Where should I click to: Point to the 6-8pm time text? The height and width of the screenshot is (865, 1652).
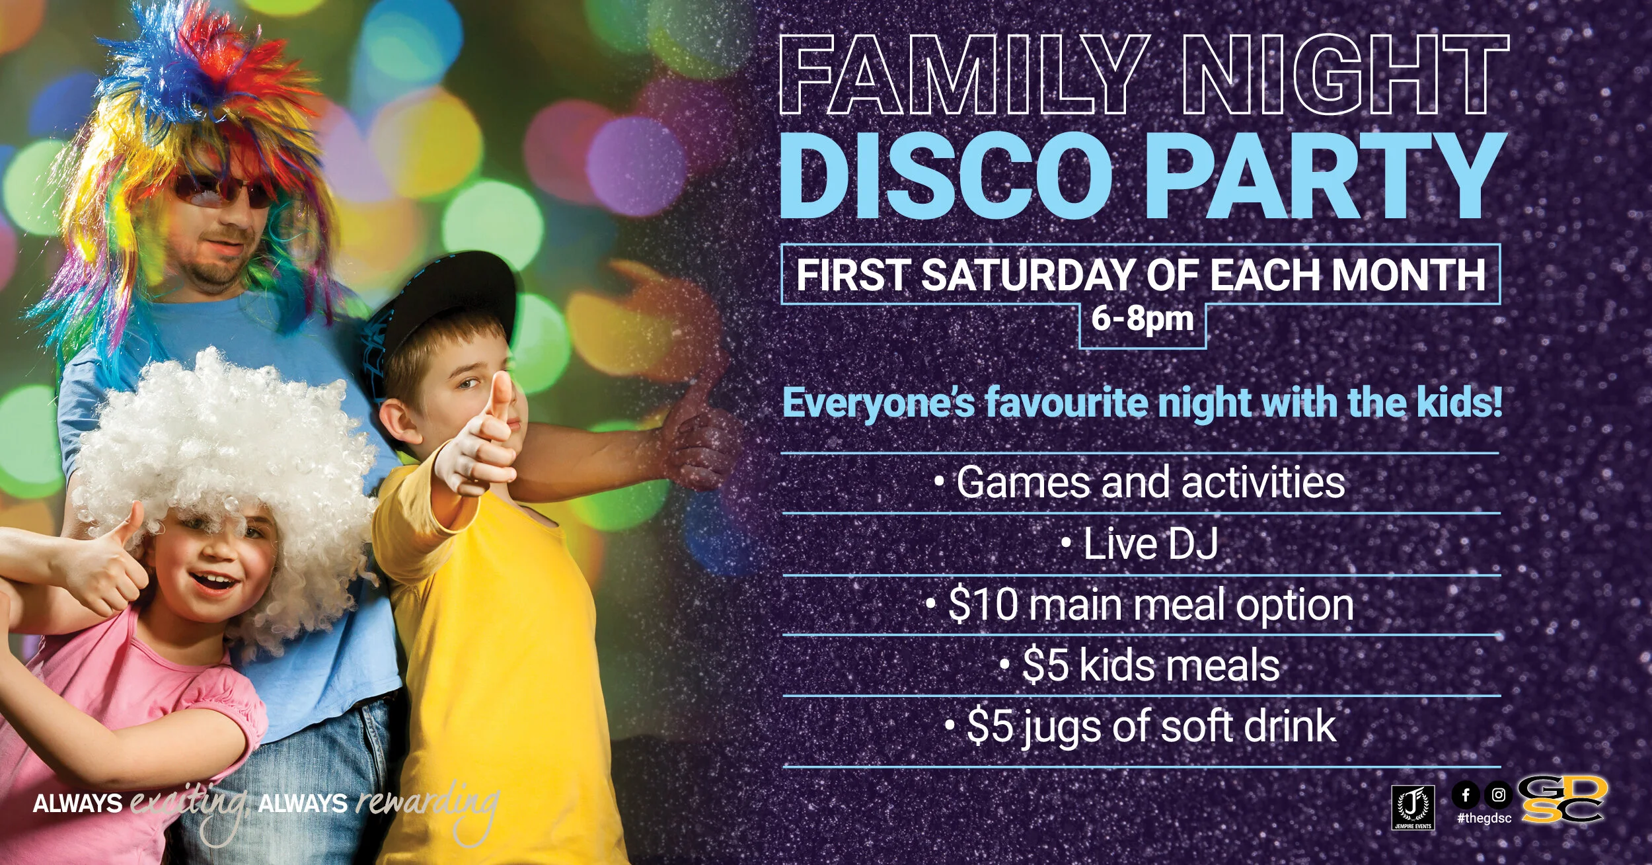1143,319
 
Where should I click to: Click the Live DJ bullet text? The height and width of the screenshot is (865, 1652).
1150,544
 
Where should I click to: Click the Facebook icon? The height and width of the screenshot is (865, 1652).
1466,795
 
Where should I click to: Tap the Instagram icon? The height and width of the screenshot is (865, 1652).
1499,795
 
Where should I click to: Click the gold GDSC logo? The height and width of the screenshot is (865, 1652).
1561,800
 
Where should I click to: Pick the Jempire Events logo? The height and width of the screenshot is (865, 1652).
1413,807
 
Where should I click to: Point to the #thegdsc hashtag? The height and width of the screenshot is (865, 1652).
1483,819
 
